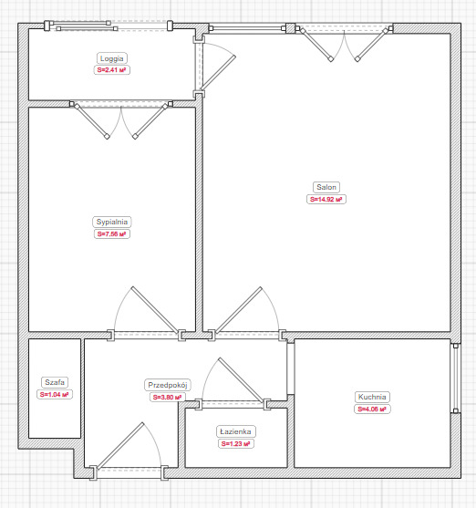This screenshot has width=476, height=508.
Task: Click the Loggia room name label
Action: [112, 58]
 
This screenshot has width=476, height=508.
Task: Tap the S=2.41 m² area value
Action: [112, 69]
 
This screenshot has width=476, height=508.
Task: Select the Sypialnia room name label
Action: [112, 222]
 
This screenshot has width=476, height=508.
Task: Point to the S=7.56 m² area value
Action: [112, 233]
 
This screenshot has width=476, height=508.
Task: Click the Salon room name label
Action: [326, 187]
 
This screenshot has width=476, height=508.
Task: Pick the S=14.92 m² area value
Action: [326, 199]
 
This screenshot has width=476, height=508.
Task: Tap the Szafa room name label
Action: [55, 382]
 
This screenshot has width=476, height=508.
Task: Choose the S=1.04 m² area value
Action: [55, 394]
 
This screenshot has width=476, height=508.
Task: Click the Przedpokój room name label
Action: [168, 385]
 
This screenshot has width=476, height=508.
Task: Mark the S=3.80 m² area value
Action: [168, 397]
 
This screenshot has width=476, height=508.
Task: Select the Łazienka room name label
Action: [236, 431]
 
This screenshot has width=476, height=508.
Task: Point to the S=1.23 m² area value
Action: [236, 443]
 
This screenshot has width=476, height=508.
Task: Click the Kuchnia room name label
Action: [372, 397]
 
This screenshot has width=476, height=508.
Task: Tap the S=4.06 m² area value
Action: [372, 409]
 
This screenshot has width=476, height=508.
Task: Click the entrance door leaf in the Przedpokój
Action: [120, 446]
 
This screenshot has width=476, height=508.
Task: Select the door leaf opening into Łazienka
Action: [241, 380]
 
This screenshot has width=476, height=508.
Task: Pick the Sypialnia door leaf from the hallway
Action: [155, 310]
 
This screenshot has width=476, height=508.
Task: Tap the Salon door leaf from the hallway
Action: [238, 310]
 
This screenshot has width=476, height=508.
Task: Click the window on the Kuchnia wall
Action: [456, 378]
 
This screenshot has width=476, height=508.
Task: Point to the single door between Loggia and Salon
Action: [218, 73]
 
